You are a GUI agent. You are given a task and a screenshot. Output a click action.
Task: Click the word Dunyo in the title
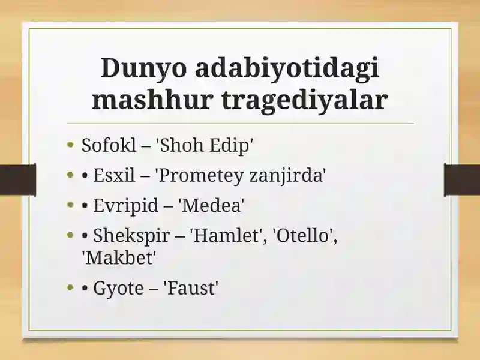pyautogui.click(x=143, y=67)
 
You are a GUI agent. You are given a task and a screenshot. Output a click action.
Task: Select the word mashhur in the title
pyautogui.click(x=152, y=100)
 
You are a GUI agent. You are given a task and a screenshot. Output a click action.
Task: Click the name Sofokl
pyautogui.click(x=109, y=145)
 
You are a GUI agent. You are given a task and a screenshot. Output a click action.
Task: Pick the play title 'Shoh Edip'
pyautogui.click(x=205, y=145)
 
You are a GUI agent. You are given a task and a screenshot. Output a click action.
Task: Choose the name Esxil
pyautogui.click(x=114, y=175)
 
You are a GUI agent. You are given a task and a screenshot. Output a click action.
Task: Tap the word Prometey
pyautogui.click(x=199, y=176)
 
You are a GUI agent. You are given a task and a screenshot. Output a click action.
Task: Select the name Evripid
pyautogui.click(x=125, y=206)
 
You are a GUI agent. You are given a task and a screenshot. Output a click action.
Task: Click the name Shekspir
pyautogui.click(x=131, y=236)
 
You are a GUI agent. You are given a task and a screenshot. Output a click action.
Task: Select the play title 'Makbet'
pyautogui.click(x=119, y=257)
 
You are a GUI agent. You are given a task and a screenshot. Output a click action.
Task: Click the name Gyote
pyautogui.click(x=118, y=289)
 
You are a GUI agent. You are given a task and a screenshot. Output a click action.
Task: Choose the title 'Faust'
pyautogui.click(x=191, y=288)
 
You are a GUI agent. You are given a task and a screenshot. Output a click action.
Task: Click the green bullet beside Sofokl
pyautogui.click(x=71, y=145)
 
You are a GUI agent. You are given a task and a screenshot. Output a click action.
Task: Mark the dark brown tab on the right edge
pyautogui.click(x=462, y=180)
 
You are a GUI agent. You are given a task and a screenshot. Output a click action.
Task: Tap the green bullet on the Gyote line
pyautogui.click(x=71, y=288)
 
